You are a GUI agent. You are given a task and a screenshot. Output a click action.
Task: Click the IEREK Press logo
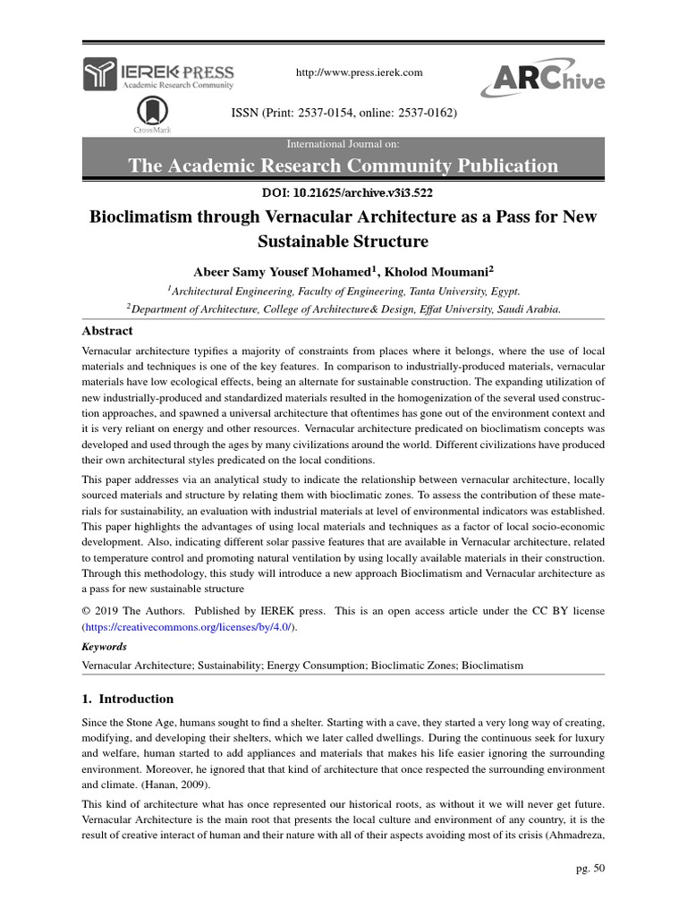158,74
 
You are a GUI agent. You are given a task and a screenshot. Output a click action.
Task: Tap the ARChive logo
542,80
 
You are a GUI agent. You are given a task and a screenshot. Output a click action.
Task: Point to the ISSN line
344,114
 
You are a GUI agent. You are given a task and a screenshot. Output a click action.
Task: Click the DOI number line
343,191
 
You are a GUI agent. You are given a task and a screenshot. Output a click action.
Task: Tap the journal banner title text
343,165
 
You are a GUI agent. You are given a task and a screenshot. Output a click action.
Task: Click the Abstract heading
107,331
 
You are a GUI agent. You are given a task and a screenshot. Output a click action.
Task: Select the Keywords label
104,647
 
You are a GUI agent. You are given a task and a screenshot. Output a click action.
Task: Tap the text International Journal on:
343,144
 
